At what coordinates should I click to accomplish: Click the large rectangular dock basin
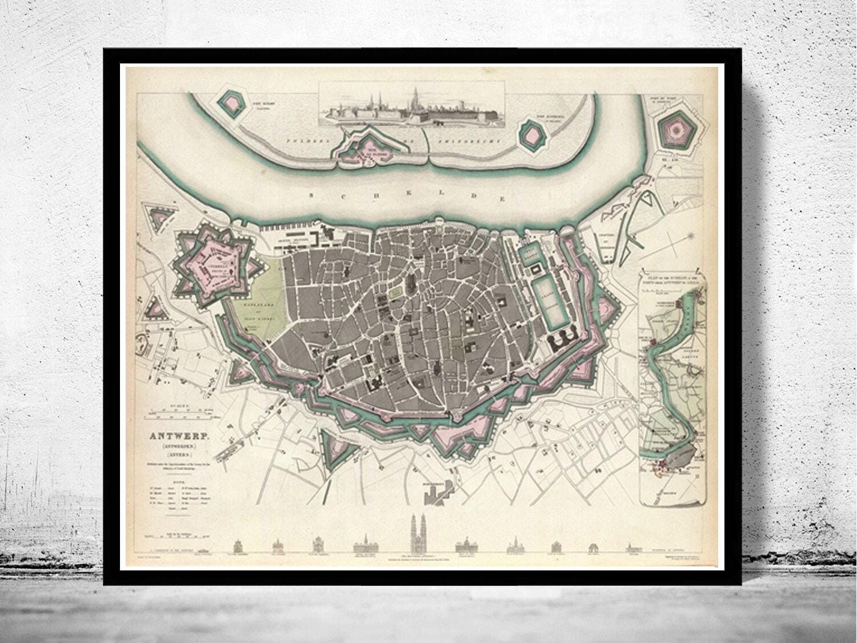(546, 301)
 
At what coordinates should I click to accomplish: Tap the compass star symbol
(692, 237)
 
